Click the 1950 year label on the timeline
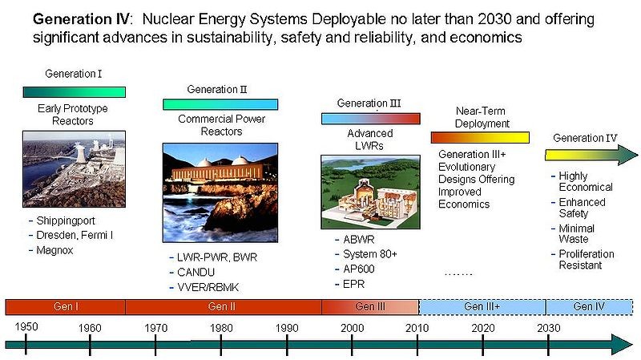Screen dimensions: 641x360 [x=26, y=327]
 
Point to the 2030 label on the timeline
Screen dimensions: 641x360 [x=549, y=328]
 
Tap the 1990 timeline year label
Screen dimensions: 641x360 [x=287, y=328]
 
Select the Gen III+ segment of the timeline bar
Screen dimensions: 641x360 [x=482, y=307]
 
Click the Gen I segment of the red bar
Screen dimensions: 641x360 [x=66, y=307]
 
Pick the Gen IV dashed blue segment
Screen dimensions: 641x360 [x=590, y=307]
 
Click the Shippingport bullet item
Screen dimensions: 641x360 [x=66, y=221]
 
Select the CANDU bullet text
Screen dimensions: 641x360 [x=196, y=273]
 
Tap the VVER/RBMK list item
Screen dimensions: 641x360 [x=208, y=288]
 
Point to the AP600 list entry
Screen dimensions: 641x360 [x=359, y=269]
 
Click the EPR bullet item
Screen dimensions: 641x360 [x=354, y=285]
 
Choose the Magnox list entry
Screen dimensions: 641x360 [x=54, y=250]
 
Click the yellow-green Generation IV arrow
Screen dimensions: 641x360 [x=591, y=155]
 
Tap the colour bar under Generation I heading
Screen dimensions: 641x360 [x=74, y=92]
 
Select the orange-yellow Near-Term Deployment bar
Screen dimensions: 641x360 [x=480, y=137]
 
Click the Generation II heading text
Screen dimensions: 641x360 [x=217, y=90]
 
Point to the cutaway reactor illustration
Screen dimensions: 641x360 [x=370, y=192]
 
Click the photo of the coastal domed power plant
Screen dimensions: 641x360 [x=220, y=192]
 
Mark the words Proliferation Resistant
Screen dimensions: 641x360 [x=587, y=260]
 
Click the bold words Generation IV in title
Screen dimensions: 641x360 [x=82, y=19]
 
